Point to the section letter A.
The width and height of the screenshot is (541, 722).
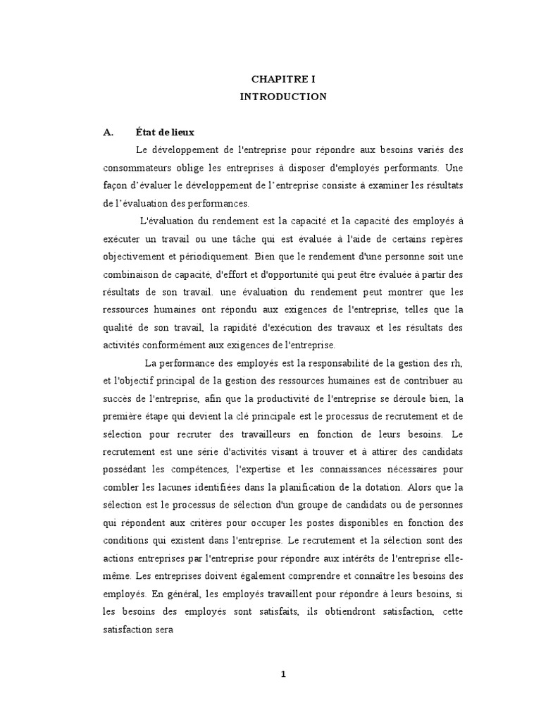(108, 132)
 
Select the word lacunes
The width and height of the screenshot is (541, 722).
(159, 487)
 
